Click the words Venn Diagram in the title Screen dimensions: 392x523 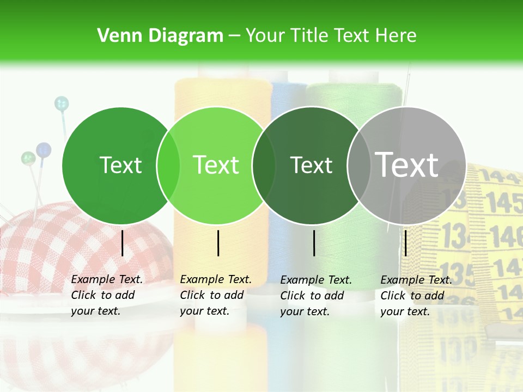tap(160, 36)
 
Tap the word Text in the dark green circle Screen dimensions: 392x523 tap(311, 166)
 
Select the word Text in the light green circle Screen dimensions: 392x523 tap(216, 165)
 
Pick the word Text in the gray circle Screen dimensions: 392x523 tap(407, 164)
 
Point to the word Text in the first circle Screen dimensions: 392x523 tap(120, 166)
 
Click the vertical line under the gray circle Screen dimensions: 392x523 tap(405, 243)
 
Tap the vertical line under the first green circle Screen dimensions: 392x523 tap(122, 243)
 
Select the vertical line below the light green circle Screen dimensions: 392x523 tap(218, 243)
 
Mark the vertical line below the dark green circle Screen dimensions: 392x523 tap(314, 243)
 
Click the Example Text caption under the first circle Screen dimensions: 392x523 tap(107, 295)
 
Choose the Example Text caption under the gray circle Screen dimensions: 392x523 tap(416, 296)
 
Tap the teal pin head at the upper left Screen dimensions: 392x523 tap(62, 103)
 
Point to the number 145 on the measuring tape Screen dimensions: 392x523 tap(504, 203)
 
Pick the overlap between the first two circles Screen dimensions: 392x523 tap(168, 166)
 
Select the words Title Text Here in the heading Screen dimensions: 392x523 tap(331, 36)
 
